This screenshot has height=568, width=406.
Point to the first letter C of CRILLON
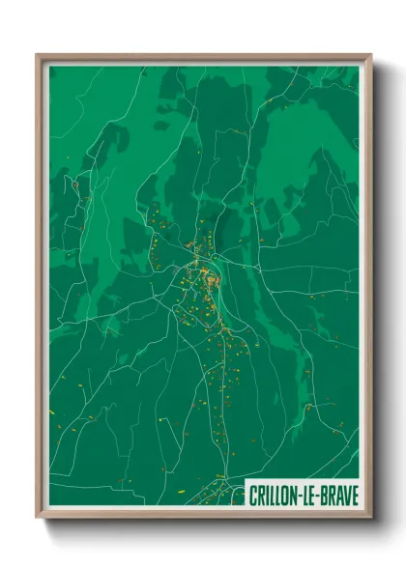pos(253,496)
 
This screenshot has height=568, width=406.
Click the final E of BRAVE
pos(354,496)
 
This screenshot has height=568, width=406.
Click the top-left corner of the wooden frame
pos(37,55)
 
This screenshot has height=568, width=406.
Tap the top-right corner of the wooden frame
pos(371,55)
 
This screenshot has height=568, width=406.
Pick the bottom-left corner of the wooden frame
pos(37,518)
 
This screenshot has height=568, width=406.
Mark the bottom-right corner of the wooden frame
pos(371,518)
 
